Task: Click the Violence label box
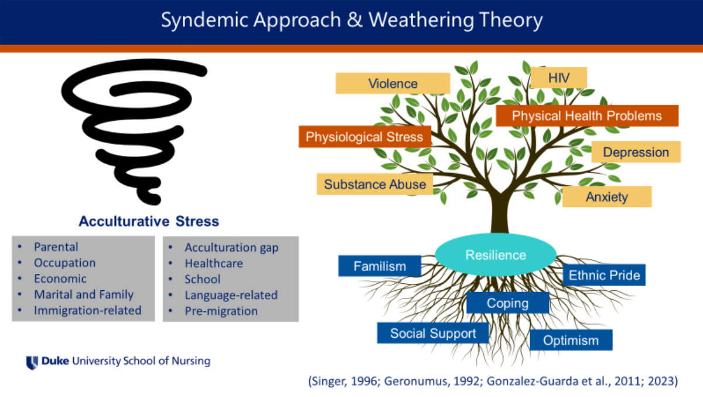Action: (x=393, y=83)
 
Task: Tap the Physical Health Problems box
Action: (x=586, y=116)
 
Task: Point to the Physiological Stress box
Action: (x=364, y=137)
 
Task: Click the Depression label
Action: (x=636, y=152)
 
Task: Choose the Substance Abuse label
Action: (x=375, y=184)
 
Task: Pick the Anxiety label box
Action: (x=606, y=196)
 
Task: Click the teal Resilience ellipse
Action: (x=496, y=255)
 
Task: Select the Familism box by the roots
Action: (x=380, y=266)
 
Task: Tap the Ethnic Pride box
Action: (x=604, y=274)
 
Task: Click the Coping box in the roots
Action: (x=507, y=303)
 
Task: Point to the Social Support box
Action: (x=433, y=333)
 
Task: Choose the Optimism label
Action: (x=571, y=340)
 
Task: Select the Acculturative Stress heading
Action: (x=149, y=222)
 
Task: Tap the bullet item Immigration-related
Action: (x=87, y=310)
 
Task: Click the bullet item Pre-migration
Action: (x=221, y=311)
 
